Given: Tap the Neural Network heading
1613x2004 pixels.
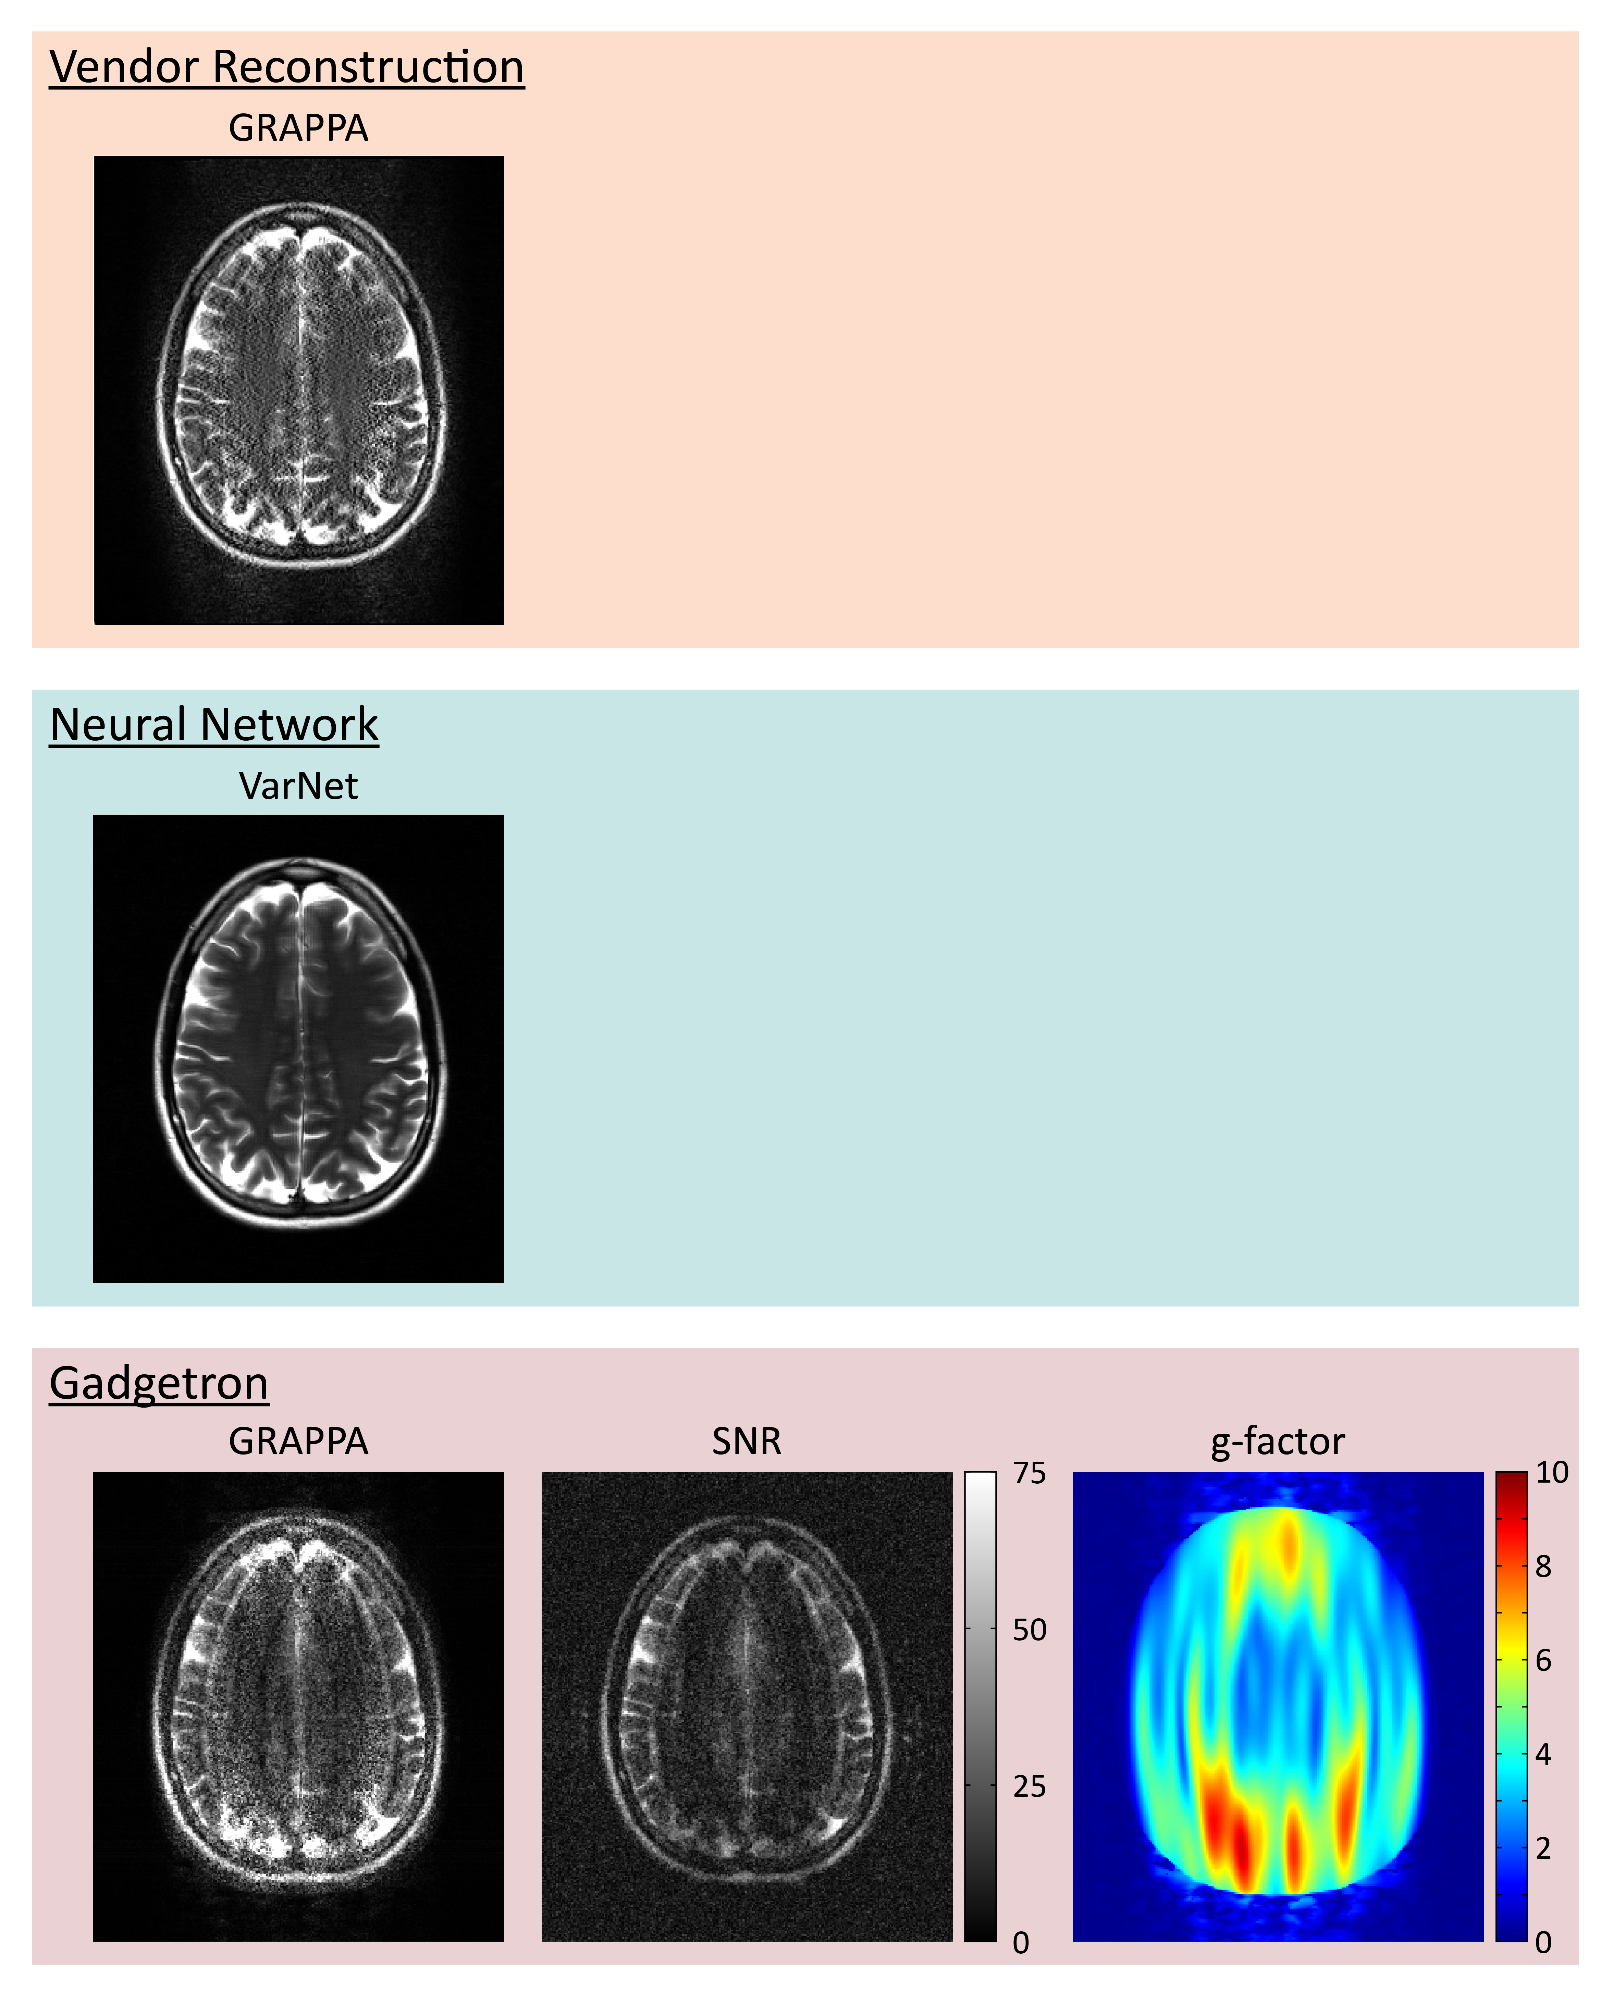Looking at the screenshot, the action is click(x=214, y=725).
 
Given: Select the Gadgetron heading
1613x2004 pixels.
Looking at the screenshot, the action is click(x=159, y=1383).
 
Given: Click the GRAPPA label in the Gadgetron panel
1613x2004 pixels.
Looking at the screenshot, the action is click(x=298, y=1442).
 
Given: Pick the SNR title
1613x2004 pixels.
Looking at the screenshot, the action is click(x=747, y=1442).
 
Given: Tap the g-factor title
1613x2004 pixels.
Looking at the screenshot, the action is click(x=1277, y=1442).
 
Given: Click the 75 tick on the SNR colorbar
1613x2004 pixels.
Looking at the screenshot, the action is click(x=1029, y=1473).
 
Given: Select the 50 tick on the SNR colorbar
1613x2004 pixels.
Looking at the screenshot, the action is click(x=1029, y=1630).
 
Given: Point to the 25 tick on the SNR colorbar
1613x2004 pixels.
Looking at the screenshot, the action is click(x=1029, y=1786).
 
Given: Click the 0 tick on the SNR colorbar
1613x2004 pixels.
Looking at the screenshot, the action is click(x=1021, y=1943).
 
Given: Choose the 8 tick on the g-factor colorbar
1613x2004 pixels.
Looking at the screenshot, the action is click(x=1543, y=1567).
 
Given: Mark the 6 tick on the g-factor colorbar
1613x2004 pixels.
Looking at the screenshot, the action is click(x=1543, y=1661).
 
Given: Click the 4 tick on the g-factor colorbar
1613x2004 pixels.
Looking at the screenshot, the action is click(x=1543, y=1755).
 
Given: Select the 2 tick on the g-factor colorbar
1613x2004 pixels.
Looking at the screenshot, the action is click(x=1543, y=1849).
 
